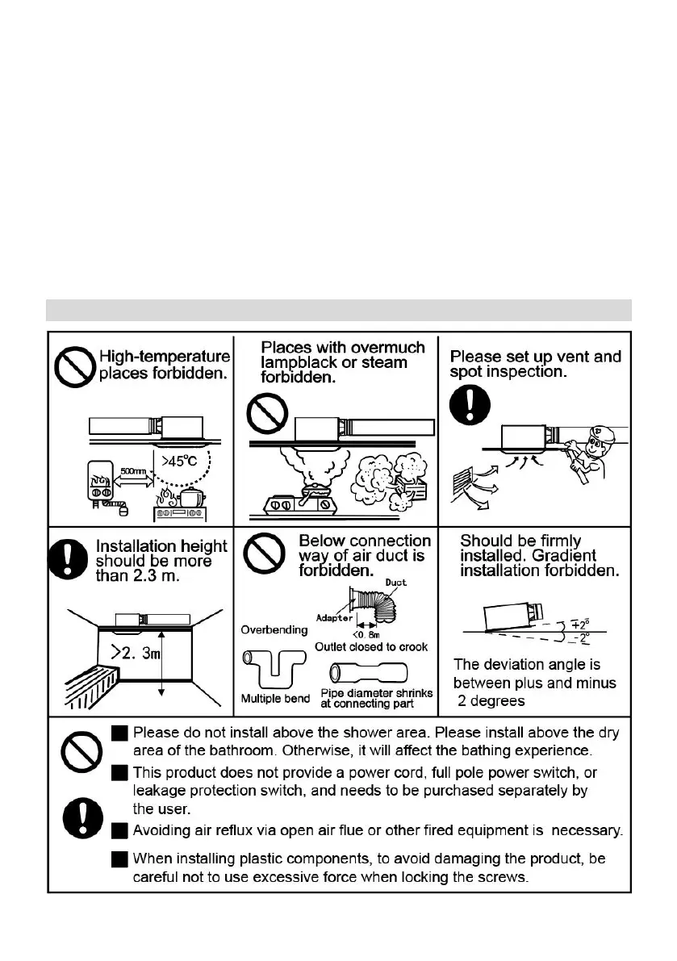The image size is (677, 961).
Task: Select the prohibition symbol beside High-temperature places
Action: click(x=73, y=368)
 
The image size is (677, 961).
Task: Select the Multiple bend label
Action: click(x=275, y=698)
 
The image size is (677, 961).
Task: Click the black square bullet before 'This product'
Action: click(x=119, y=773)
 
